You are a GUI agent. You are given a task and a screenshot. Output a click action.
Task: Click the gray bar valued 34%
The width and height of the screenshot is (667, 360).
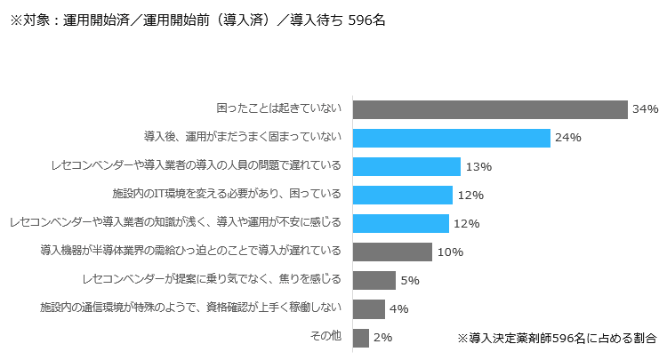click(490, 109)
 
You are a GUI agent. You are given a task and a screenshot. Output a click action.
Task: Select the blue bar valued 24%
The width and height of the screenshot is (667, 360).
click(452, 138)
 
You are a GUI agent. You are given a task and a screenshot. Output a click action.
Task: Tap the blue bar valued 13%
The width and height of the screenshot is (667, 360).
click(406, 166)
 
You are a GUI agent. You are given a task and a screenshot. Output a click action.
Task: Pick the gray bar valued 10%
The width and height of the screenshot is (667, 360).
click(392, 252)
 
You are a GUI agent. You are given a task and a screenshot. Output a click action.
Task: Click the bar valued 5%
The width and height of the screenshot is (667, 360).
click(374, 281)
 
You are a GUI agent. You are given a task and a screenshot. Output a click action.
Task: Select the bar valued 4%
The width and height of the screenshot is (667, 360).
click(369, 309)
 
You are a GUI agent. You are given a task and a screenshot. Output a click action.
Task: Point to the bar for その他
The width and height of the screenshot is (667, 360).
click(361, 338)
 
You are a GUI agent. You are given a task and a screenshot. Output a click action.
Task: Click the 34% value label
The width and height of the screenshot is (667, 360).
click(645, 109)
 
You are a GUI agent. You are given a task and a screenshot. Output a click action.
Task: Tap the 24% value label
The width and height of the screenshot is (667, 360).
click(567, 138)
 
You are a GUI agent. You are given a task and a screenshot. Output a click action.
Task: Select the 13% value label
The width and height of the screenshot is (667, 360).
click(478, 167)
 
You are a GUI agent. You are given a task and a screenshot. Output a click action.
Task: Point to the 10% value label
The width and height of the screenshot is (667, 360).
click(450, 252)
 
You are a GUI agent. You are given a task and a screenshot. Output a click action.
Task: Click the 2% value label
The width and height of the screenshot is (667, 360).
click(382, 338)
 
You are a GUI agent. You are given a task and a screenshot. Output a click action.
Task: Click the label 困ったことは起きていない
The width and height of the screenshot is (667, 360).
click(278, 108)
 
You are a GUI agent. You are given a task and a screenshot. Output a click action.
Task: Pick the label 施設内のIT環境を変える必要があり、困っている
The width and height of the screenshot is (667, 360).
click(227, 194)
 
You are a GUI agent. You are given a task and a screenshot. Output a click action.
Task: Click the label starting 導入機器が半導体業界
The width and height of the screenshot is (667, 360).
click(190, 251)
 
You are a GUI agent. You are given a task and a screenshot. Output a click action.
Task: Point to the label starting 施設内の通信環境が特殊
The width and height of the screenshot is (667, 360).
click(190, 308)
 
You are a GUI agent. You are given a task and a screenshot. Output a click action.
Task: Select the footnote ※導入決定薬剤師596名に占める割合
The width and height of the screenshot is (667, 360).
click(557, 339)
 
